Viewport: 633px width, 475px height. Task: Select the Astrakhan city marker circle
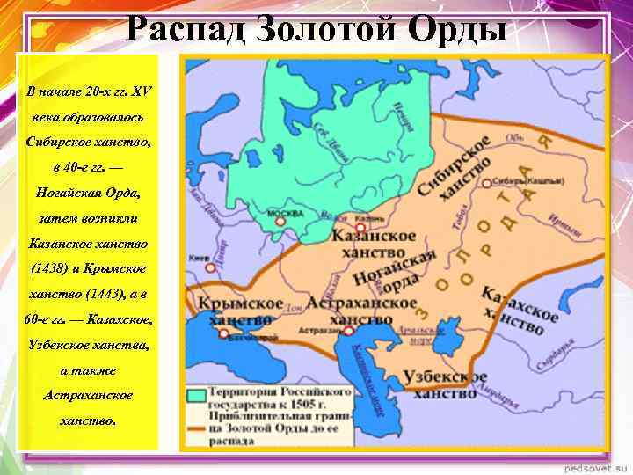[349, 331]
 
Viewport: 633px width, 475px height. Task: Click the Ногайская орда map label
[396, 273]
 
